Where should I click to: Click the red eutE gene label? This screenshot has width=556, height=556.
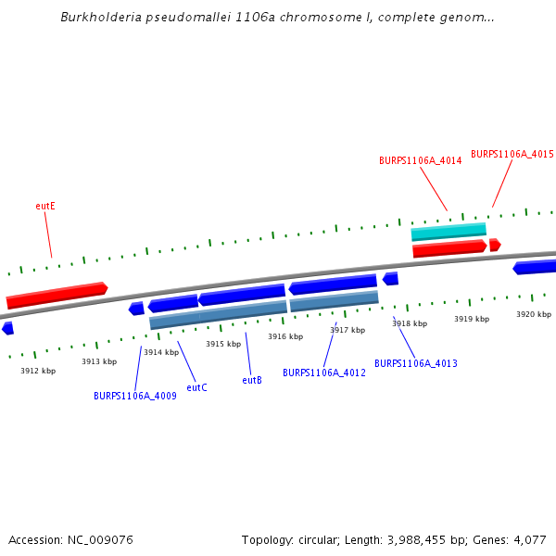(45, 206)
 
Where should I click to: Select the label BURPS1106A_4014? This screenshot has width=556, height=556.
(420, 160)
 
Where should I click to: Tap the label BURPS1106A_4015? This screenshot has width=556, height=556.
(512, 154)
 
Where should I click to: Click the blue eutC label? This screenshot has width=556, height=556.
(196, 387)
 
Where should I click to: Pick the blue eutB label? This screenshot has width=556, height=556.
(252, 380)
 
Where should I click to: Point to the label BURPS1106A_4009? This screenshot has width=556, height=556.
(135, 396)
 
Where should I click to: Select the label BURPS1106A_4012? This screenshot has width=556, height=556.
(324, 373)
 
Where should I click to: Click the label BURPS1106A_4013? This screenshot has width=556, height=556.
(416, 363)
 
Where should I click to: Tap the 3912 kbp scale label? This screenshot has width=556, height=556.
(38, 371)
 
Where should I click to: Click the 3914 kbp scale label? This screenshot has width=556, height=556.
(161, 352)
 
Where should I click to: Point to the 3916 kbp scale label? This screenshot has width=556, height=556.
(285, 336)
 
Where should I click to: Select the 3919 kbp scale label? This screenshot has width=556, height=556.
(472, 319)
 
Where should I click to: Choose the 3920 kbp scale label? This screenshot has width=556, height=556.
(534, 314)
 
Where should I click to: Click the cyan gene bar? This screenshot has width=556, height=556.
(449, 231)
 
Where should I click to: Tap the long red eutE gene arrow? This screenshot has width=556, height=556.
(56, 295)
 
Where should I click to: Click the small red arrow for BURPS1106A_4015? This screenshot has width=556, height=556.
(495, 245)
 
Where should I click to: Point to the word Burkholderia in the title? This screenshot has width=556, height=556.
(102, 18)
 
